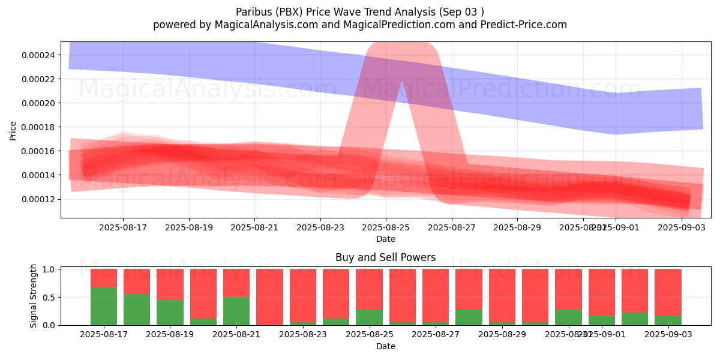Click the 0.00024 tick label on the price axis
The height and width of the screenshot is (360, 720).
[x=38, y=55]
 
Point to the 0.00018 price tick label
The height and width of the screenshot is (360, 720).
[x=38, y=127]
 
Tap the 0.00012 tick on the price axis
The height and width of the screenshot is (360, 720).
[x=38, y=199]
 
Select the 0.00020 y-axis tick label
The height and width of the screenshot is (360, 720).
[x=38, y=103]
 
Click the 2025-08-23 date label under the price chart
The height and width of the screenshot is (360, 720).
[x=320, y=227]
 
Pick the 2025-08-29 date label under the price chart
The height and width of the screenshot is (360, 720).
[x=517, y=227]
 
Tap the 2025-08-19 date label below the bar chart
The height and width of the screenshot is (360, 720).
[x=170, y=335]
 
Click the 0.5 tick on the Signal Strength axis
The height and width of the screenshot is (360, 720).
[x=49, y=298]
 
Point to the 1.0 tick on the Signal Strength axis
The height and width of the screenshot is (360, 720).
[x=49, y=269]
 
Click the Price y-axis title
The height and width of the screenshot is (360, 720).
[x=13, y=130]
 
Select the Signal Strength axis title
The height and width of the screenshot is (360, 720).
[x=34, y=296]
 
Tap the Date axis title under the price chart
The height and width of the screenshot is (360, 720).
[x=386, y=239]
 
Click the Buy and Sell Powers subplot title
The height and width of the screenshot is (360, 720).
[x=386, y=257]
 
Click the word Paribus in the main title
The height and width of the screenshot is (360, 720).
[x=251, y=11]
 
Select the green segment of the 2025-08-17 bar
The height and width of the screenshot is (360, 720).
[x=104, y=306]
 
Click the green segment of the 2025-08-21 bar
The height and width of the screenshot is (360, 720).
[x=236, y=311]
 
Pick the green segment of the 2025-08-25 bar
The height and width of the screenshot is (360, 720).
[x=369, y=317]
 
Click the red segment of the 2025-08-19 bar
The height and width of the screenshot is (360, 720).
[x=170, y=284]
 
